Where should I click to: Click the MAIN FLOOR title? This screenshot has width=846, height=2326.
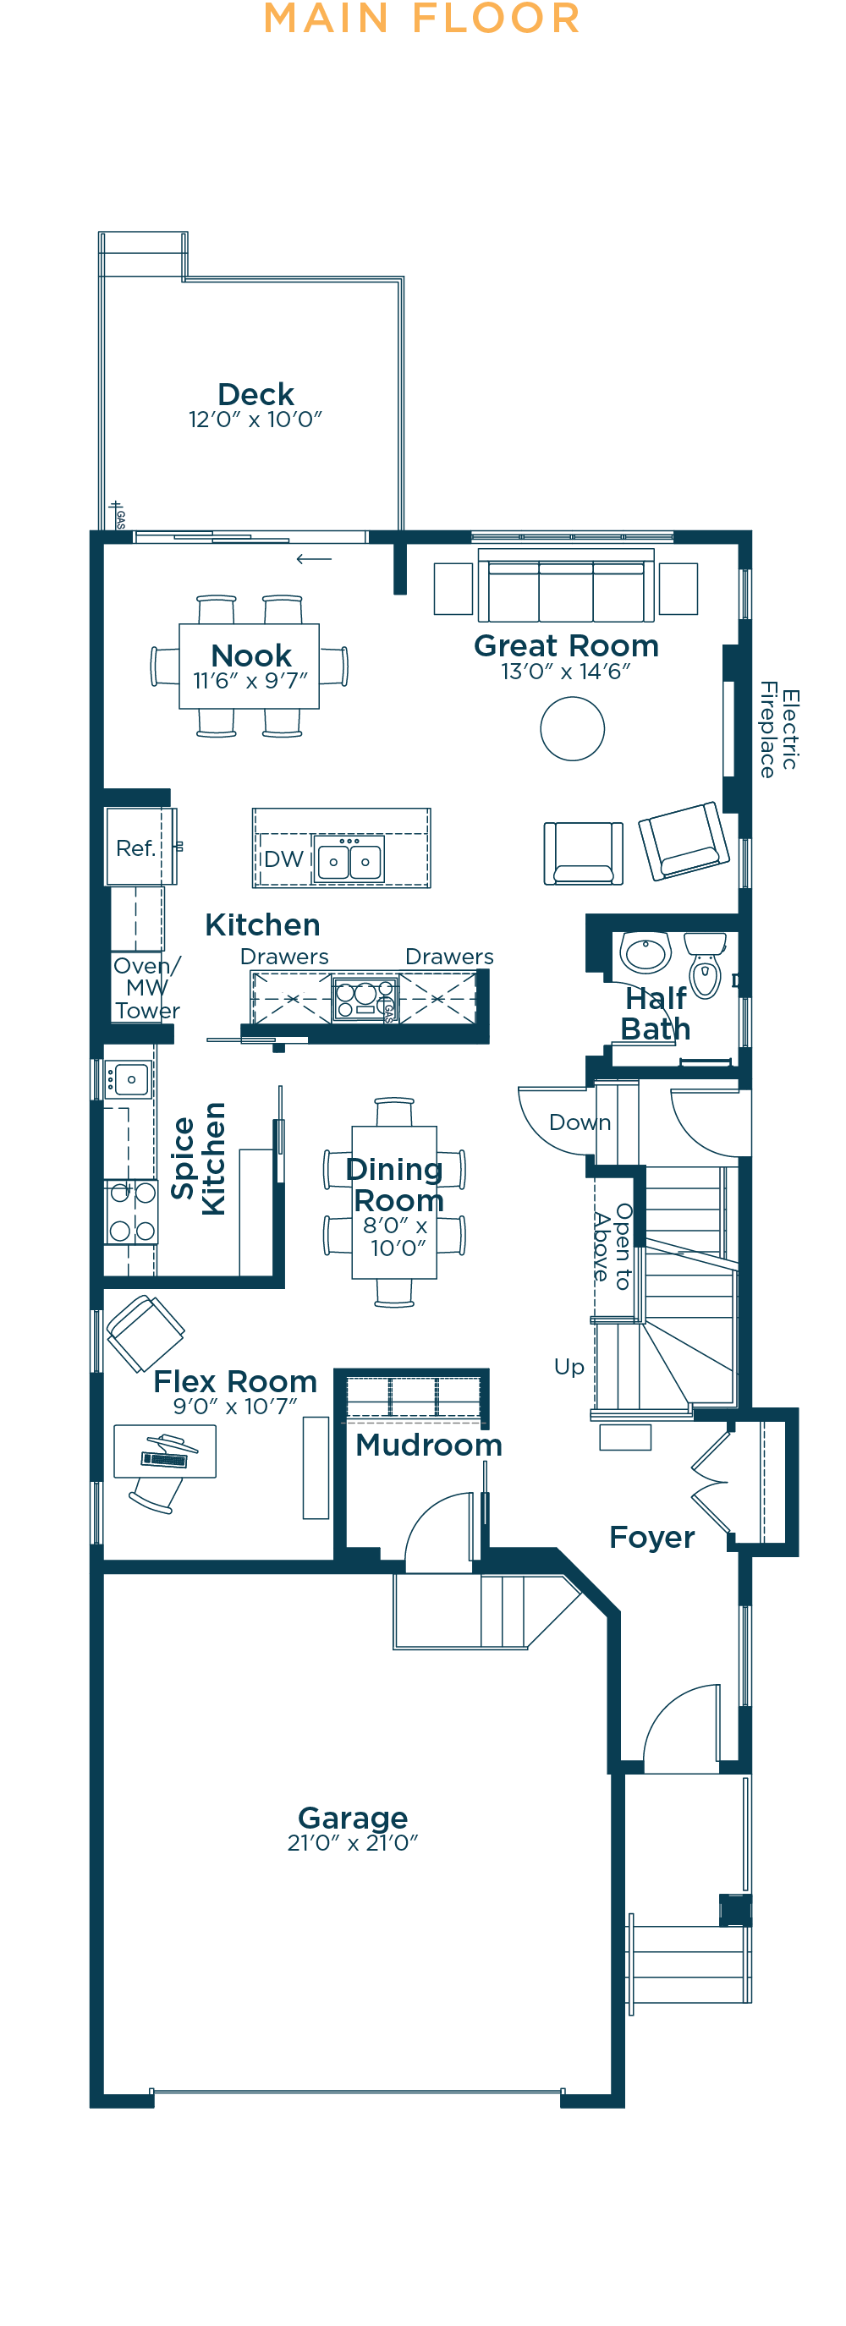pyautogui.click(x=421, y=18)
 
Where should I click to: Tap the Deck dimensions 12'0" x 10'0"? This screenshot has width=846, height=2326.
pyautogui.click(x=255, y=420)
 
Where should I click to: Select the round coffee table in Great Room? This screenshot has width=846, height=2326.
pyautogui.click(x=573, y=729)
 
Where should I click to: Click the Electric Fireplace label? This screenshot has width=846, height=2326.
pyautogui.click(x=778, y=730)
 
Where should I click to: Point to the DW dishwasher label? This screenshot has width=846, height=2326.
pyautogui.click(x=283, y=859)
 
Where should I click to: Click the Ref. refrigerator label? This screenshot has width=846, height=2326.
pyautogui.click(x=135, y=848)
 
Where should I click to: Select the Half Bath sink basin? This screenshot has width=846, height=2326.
pyautogui.click(x=645, y=952)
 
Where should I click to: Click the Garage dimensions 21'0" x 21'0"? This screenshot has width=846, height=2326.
pyautogui.click(x=353, y=1844)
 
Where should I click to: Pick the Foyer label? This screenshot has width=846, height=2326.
pyautogui.click(x=652, y=1538)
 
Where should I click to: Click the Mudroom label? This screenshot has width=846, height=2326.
pyautogui.click(x=429, y=1445)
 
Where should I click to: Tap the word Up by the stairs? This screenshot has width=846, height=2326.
pyautogui.click(x=569, y=1367)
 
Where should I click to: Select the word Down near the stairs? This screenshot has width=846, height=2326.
pyautogui.click(x=580, y=1122)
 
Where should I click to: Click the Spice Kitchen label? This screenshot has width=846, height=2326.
pyautogui.click(x=198, y=1159)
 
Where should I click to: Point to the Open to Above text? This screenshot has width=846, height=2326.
pyautogui.click(x=613, y=1246)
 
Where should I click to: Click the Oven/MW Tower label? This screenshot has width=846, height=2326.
pyautogui.click(x=147, y=988)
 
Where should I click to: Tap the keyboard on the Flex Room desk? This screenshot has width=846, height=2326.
pyautogui.click(x=164, y=1458)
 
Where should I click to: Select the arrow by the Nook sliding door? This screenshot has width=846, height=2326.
pyautogui.click(x=314, y=559)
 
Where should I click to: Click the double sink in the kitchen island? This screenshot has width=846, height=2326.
pyautogui.click(x=349, y=859)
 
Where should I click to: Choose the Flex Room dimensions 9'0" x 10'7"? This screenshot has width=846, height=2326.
pyautogui.click(x=234, y=1407)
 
